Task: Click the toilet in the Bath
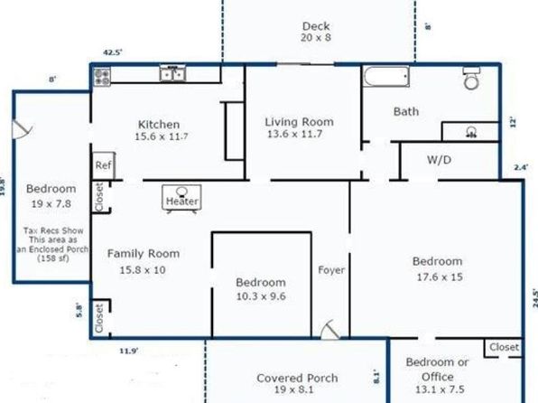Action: coord(471,79)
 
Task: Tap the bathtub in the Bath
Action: coord(386,77)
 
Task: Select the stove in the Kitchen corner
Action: coord(102,76)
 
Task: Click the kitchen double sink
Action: coord(172,74)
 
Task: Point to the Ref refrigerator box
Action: coord(103,165)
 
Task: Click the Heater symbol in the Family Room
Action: coord(181,199)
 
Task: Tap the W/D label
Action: coord(439,160)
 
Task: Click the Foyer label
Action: coord(331,270)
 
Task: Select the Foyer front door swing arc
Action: coord(329,329)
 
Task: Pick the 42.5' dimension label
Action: coord(113,52)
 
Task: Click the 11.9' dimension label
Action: coord(129,351)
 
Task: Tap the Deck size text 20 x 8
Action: coord(316,37)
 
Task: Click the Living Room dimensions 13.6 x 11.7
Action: coord(295,134)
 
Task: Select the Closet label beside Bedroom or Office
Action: coord(504,347)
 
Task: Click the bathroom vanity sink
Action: coord(471,132)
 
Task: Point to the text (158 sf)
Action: coord(53,258)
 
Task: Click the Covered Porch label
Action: coord(297,378)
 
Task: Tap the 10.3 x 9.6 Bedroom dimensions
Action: coord(261,296)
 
